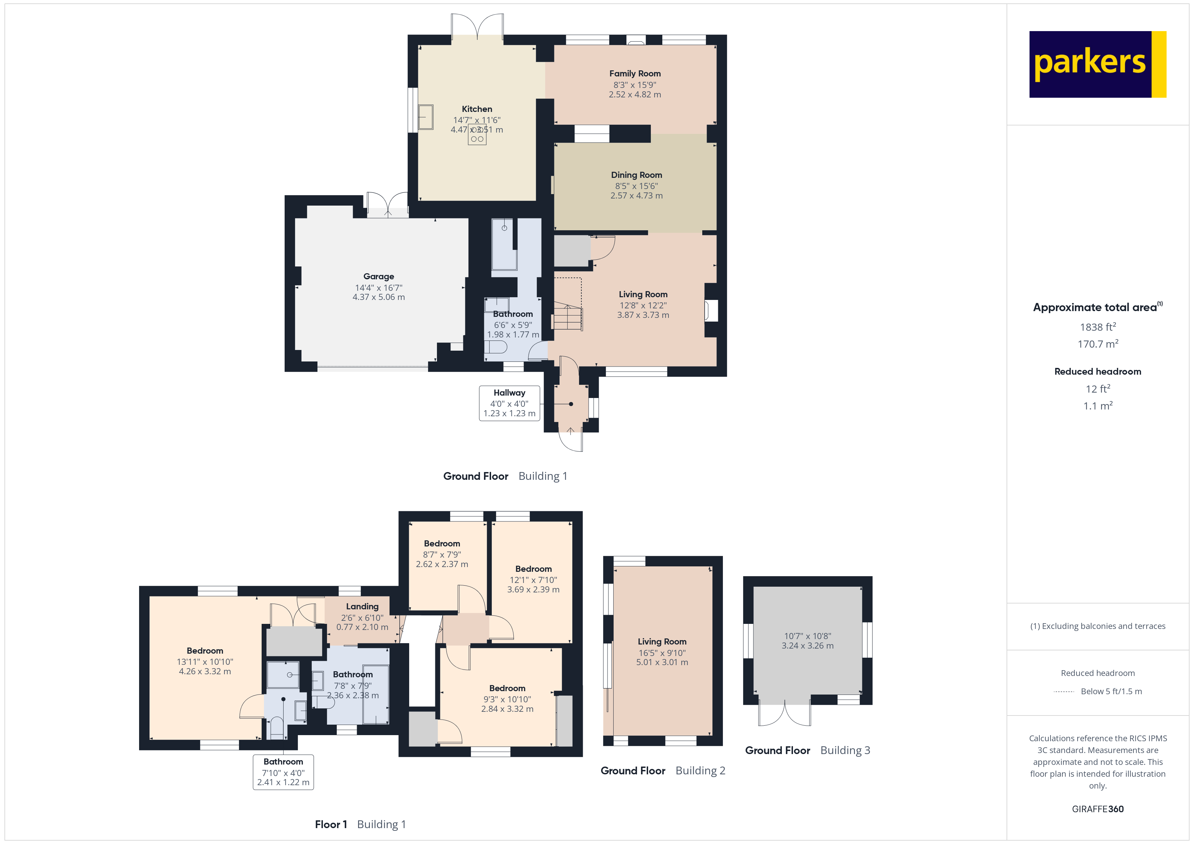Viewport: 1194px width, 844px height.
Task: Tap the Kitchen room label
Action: coord(477,109)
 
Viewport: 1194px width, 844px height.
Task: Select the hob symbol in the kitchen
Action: coord(477,135)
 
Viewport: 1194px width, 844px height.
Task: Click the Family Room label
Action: coord(635,74)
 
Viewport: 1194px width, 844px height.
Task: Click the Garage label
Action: coord(379,277)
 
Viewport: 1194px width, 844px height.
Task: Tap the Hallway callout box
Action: coord(509,403)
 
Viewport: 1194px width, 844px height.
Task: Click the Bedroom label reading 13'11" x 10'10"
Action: coord(205,651)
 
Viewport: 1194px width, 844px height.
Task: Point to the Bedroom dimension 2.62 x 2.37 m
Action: coord(442,564)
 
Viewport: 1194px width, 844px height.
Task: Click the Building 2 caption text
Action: coord(700,771)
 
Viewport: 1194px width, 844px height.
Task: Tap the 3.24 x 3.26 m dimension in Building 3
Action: coord(807,646)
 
